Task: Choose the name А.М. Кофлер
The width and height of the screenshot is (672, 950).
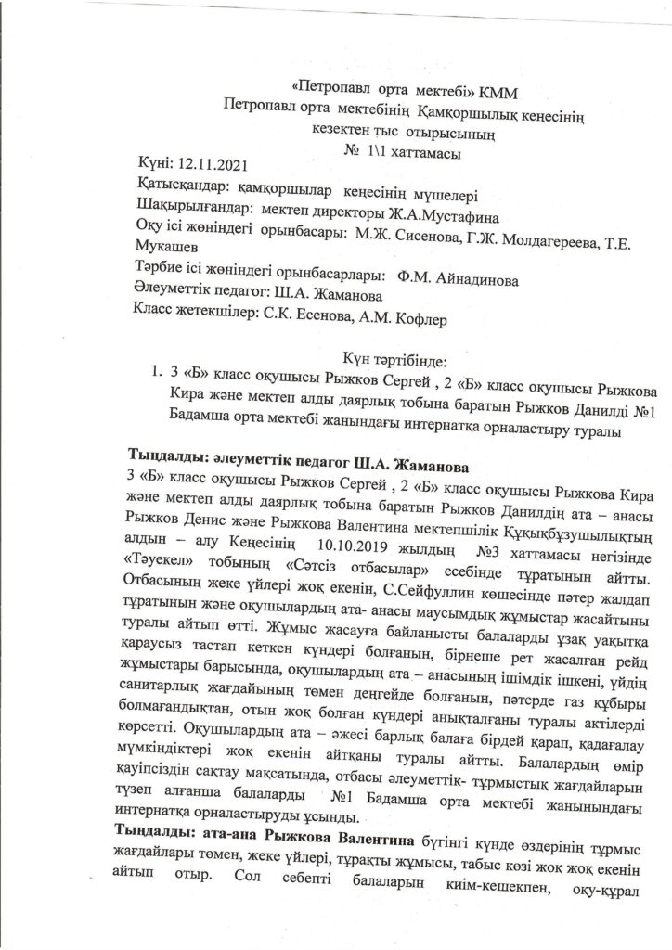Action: pyautogui.click(x=399, y=318)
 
